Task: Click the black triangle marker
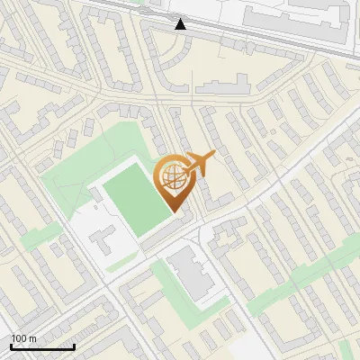point(181,23)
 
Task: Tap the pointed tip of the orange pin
point(174,212)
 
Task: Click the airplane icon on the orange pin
point(201,164)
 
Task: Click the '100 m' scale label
point(23,338)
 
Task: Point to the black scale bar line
point(42,346)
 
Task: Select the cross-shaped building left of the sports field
point(102,238)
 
